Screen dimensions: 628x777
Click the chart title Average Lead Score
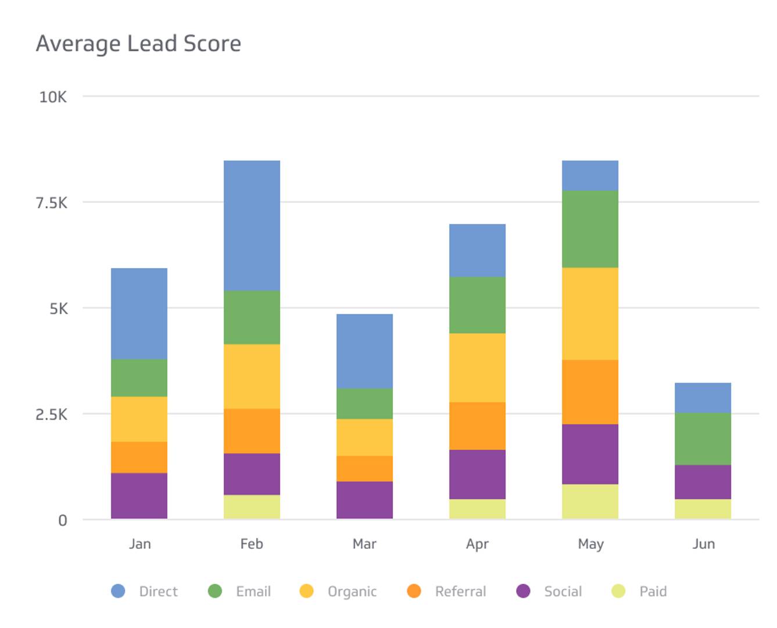coord(138,44)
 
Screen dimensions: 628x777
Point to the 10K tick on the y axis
coord(53,97)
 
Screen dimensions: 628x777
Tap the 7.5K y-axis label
coord(51,203)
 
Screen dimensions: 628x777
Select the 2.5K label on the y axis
coord(51,415)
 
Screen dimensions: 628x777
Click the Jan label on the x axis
coord(139,544)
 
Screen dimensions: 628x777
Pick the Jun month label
coord(703,544)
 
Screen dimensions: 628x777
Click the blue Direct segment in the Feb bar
coord(252,226)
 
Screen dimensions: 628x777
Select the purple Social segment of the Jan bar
coord(139,495)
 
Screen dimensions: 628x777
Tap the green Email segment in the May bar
coord(590,229)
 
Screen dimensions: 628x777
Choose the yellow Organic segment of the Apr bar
coord(477,367)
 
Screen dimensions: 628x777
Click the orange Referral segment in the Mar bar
coord(364,469)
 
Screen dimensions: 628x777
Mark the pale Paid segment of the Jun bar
coord(703,509)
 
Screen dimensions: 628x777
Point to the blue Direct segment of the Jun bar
coord(703,398)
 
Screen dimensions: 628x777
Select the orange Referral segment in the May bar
coord(590,392)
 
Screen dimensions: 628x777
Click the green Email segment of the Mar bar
coord(364,404)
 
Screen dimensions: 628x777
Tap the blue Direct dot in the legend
coord(118,591)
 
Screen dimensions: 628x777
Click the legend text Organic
coord(352,592)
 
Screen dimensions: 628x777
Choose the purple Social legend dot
coord(523,591)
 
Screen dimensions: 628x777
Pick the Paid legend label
coord(653,591)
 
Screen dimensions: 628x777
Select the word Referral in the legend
coord(460,591)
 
